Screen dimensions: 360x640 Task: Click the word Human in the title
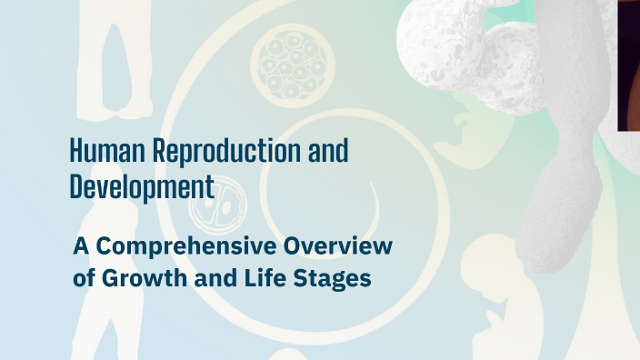(x=97, y=151)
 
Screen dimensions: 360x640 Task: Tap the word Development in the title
(x=142, y=187)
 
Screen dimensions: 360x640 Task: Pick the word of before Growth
(x=84, y=278)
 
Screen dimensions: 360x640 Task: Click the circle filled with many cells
(x=292, y=65)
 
